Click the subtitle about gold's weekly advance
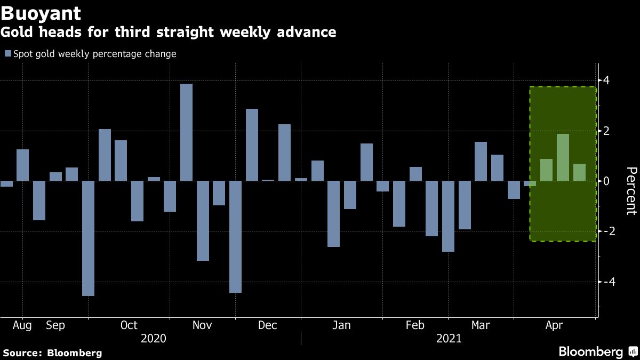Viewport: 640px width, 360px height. pos(169,32)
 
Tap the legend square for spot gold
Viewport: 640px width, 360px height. pos(7,54)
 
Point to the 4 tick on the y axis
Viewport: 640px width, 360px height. pos(606,81)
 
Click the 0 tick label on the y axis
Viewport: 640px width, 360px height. pos(606,181)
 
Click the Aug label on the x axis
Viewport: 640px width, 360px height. pos(22,325)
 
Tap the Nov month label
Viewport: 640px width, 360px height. pos(202,325)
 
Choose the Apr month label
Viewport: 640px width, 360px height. pos(555,325)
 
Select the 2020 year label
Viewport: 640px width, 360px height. pos(153,339)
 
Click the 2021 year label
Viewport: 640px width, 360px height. pos(449,339)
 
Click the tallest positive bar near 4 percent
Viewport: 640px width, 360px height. pos(186,132)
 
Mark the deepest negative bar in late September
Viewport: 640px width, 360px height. pos(88,238)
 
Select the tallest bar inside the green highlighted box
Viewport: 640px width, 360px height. pos(563,157)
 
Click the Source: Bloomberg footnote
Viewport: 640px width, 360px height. pos(52,353)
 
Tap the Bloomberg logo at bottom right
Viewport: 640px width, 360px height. pos(597,351)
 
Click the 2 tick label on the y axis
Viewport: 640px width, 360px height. pos(606,131)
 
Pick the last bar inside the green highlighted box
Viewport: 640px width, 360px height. pos(579,172)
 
